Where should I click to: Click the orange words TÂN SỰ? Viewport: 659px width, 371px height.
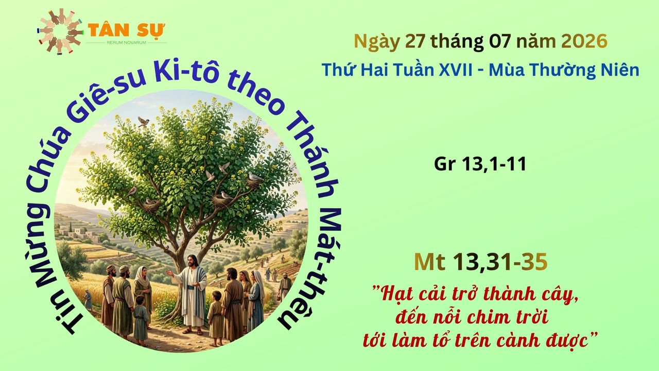coord(127,30)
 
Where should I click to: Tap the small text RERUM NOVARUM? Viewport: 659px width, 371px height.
coord(127,43)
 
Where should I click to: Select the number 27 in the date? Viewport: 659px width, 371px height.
coord(415,41)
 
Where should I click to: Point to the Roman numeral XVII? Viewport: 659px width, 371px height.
coord(456,70)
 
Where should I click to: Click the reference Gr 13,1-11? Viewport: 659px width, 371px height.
coord(480,164)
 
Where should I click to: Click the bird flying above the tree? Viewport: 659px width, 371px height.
coord(144,121)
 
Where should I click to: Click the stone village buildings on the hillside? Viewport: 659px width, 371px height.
coord(79,233)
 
